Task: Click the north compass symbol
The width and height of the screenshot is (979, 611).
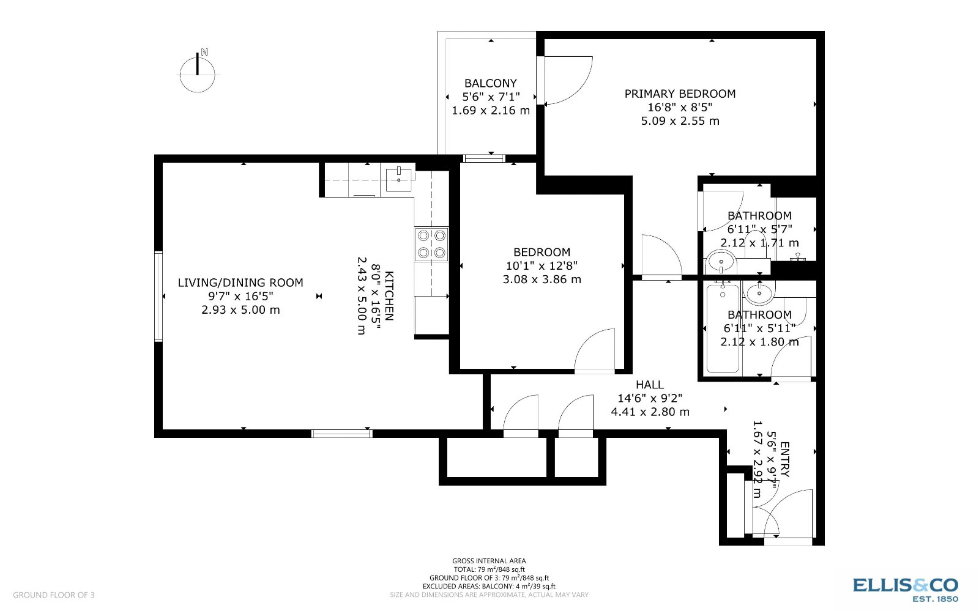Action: pos(198,72)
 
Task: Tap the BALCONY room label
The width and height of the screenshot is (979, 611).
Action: pos(491,83)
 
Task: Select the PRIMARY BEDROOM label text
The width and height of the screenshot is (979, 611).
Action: pos(680,94)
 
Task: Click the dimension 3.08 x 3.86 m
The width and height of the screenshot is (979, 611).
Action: pos(542,280)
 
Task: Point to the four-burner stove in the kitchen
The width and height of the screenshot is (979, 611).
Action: pos(431,244)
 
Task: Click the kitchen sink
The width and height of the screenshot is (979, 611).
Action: pos(399,177)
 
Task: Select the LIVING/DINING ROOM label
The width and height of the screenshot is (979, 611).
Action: pos(240,283)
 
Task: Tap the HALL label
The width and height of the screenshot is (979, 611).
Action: pos(649,385)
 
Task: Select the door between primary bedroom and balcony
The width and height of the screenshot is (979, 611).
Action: pos(566,80)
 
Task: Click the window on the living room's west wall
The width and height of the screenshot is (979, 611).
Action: pos(158,295)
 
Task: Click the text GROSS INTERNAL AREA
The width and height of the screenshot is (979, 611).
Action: pos(489,561)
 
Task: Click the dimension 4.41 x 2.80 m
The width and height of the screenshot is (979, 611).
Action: pos(650,412)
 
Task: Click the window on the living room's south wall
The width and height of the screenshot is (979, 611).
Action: pos(341,434)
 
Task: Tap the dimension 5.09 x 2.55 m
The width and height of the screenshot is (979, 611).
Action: pos(680,120)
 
